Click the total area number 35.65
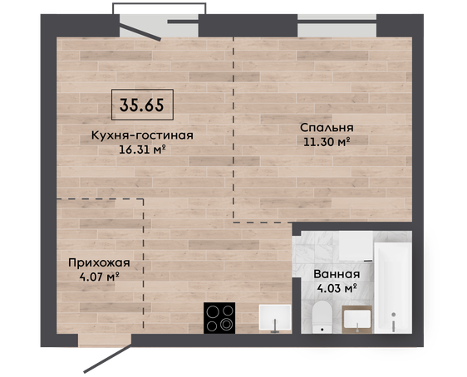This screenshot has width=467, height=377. pyautogui.click(x=142, y=105)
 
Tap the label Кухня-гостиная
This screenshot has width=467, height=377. pyautogui.click(x=142, y=135)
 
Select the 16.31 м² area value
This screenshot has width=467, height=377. pyautogui.click(x=142, y=149)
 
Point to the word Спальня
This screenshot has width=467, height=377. pyautogui.click(x=327, y=128)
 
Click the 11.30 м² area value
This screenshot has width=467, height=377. pyautogui.click(x=327, y=142)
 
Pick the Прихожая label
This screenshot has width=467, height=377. pyautogui.click(x=99, y=263)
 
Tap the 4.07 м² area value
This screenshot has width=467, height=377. pyautogui.click(x=100, y=277)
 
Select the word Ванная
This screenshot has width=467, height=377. pyautogui.click(x=337, y=274)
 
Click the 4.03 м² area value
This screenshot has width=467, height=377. pyautogui.click(x=337, y=288)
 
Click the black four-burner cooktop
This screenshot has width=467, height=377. pyautogui.click(x=219, y=318)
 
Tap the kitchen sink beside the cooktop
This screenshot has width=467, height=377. pyautogui.click(x=275, y=318)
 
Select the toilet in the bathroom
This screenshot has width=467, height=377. pyautogui.click(x=322, y=316)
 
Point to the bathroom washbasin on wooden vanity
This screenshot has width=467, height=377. pyautogui.click(x=357, y=320)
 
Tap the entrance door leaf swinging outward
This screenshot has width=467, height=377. pyautogui.click(x=107, y=359)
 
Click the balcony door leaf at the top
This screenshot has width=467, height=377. pyautogui.click(x=140, y=32)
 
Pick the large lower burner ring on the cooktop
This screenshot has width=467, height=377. pyautogui.click(x=226, y=325)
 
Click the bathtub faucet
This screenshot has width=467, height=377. pyautogui.click(x=394, y=321)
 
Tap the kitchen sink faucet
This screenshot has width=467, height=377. pyautogui.click(x=275, y=326)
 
